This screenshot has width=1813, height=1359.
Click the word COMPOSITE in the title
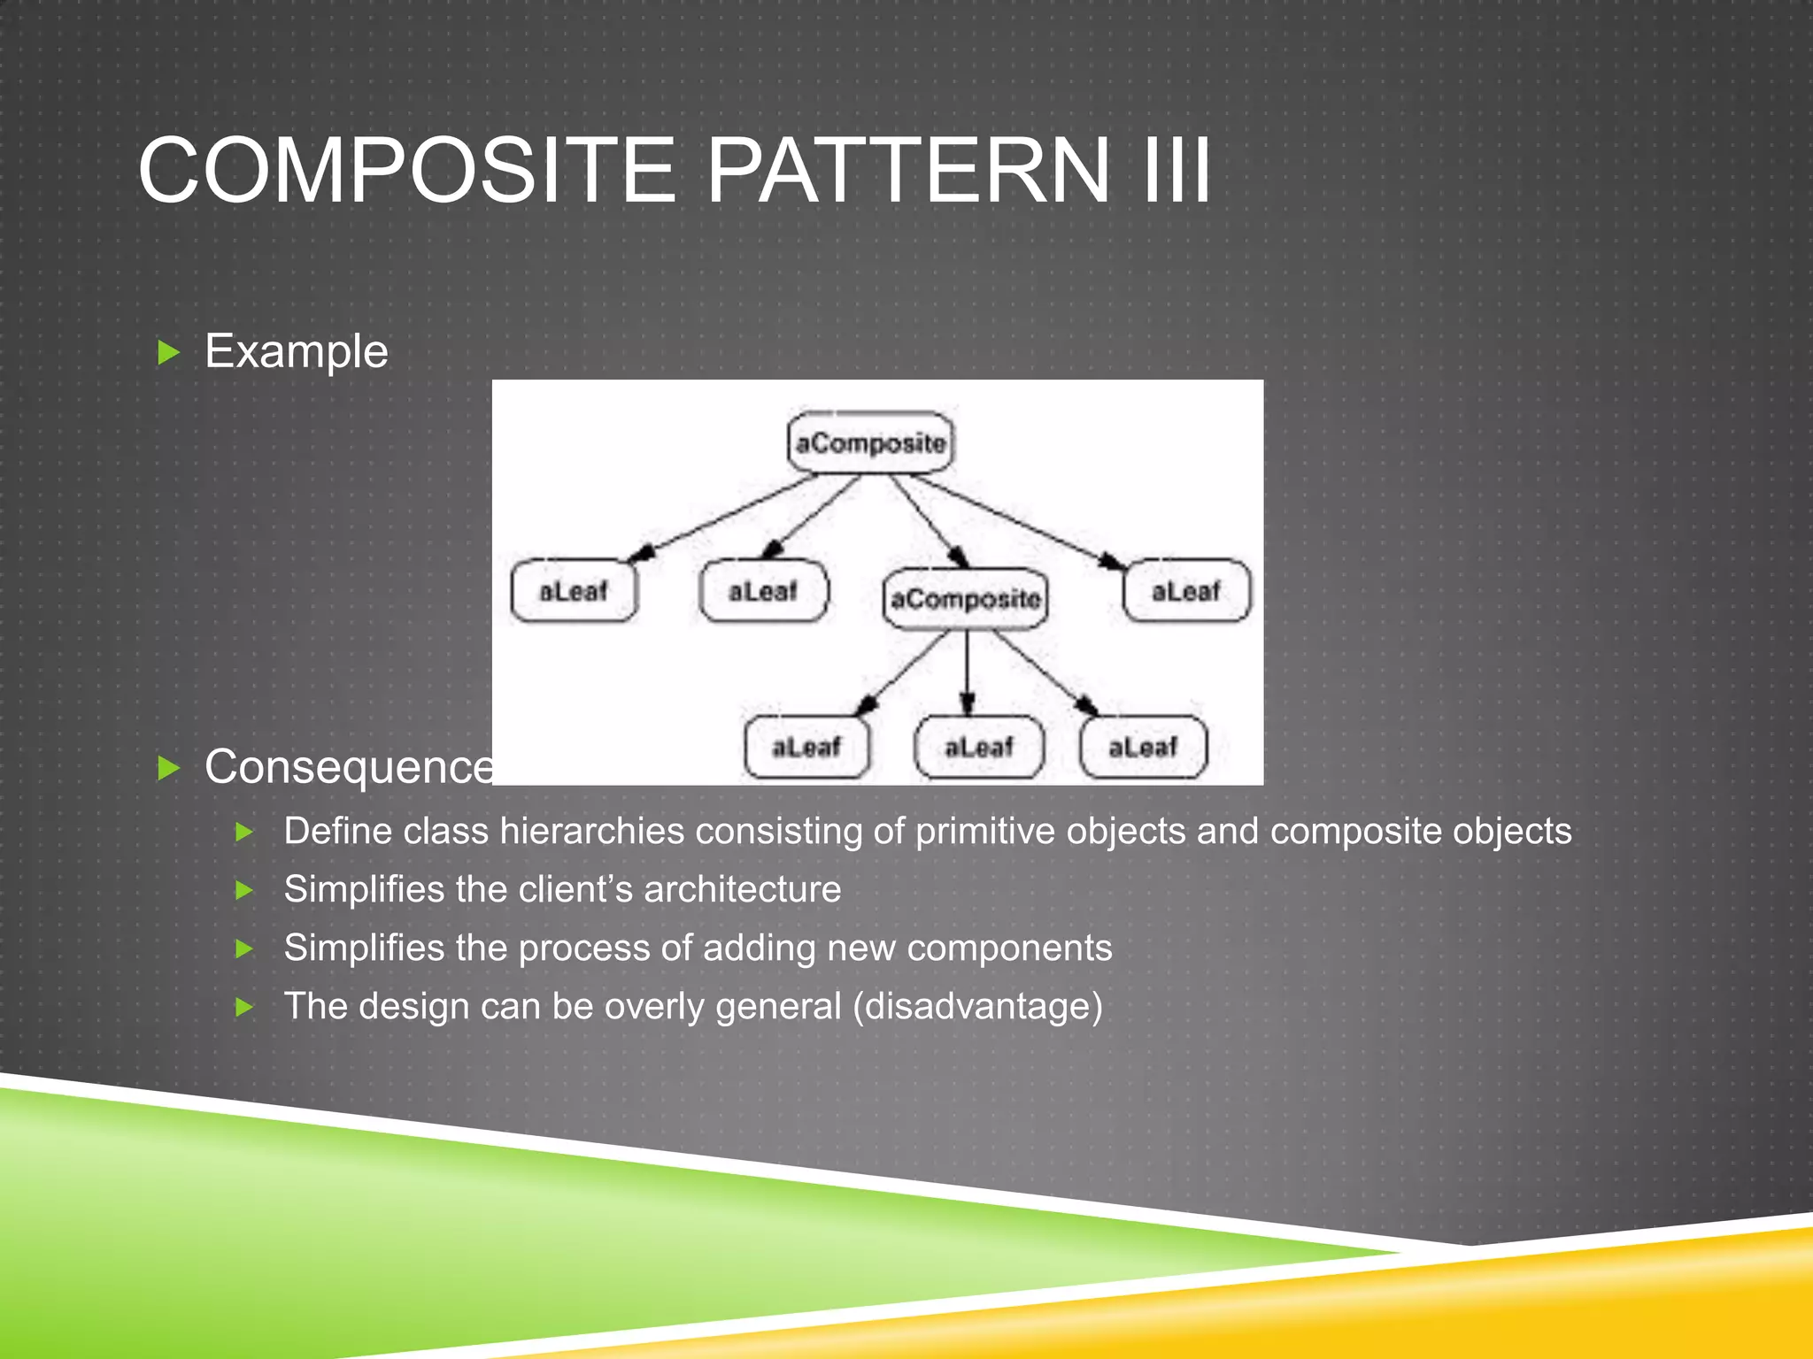(x=407, y=171)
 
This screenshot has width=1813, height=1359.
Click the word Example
(x=297, y=352)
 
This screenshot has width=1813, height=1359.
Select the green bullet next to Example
(x=168, y=353)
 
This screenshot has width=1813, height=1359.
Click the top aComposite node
(x=870, y=442)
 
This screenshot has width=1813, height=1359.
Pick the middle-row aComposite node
(x=965, y=599)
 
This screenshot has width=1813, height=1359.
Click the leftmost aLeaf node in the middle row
(x=574, y=591)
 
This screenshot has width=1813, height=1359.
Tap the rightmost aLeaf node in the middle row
(x=1186, y=591)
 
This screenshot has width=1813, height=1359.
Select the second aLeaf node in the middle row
(x=763, y=591)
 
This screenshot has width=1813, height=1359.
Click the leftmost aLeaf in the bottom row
(x=806, y=748)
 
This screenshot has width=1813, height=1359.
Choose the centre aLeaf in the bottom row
(x=978, y=748)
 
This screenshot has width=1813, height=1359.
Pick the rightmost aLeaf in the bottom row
(x=1143, y=748)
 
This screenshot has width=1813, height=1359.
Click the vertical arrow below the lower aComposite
(x=967, y=672)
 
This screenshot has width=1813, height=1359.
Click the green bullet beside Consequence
(x=168, y=768)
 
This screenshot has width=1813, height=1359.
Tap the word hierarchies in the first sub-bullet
(x=592, y=832)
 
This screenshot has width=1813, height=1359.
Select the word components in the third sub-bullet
(x=1009, y=948)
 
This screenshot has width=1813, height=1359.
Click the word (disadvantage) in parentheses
(x=978, y=1007)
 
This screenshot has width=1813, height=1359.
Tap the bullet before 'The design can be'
(x=245, y=1007)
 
